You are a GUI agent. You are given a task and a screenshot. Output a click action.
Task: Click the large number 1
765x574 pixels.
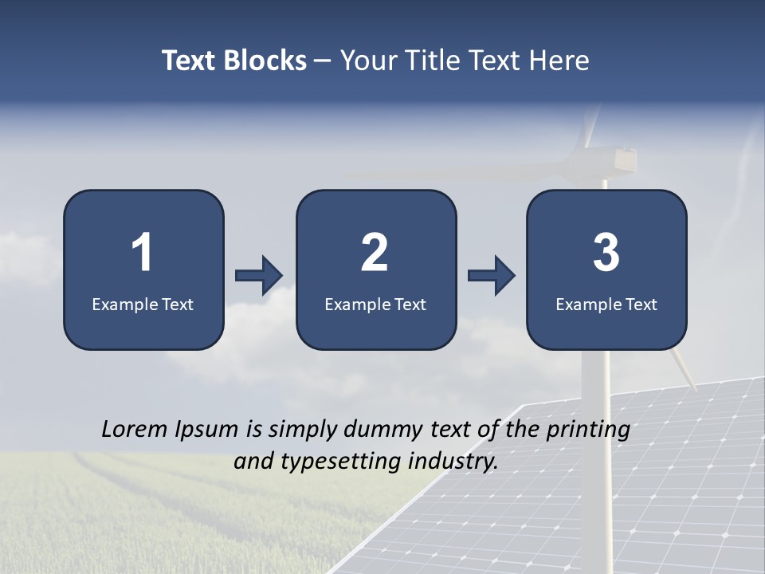(x=143, y=253)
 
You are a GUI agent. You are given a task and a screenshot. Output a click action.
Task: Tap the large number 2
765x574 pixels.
(x=375, y=253)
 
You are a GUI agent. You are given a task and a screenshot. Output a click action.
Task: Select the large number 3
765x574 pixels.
(x=606, y=253)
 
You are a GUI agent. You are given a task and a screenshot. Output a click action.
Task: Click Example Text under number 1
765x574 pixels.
(x=143, y=304)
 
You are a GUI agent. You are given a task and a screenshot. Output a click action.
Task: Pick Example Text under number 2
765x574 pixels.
(x=375, y=304)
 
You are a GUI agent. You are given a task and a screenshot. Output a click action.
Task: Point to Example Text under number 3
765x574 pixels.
(x=606, y=304)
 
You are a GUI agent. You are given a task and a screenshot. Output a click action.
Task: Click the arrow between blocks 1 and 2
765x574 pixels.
(x=259, y=276)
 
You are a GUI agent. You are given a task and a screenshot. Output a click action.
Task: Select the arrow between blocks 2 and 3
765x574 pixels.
(x=491, y=276)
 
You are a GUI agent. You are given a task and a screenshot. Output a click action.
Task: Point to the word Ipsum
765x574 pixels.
(x=206, y=430)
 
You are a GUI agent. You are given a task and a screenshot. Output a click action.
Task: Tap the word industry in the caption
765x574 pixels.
(x=457, y=461)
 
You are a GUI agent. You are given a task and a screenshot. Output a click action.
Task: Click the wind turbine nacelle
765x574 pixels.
(x=614, y=159)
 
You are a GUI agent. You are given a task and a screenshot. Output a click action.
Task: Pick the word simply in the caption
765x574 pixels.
(x=300, y=430)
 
